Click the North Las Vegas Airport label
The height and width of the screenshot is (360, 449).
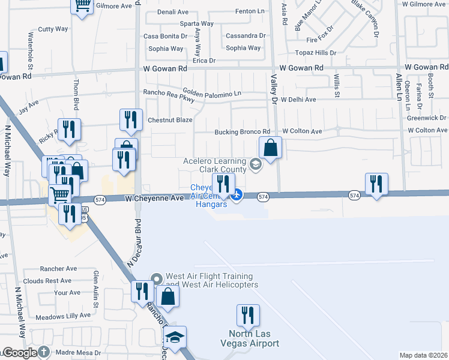point(254,338)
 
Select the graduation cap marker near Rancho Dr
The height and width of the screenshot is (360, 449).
point(175,338)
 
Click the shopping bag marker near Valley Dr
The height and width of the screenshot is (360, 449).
point(271,147)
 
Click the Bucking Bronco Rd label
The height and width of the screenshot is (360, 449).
point(243,131)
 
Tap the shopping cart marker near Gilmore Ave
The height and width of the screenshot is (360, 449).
point(82,5)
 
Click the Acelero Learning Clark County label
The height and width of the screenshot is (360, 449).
point(215,165)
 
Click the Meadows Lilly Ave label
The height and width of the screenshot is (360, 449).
point(62,316)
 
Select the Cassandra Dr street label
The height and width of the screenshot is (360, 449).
point(245,36)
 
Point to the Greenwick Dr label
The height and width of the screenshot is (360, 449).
point(427,118)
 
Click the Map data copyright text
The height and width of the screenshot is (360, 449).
point(424,355)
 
